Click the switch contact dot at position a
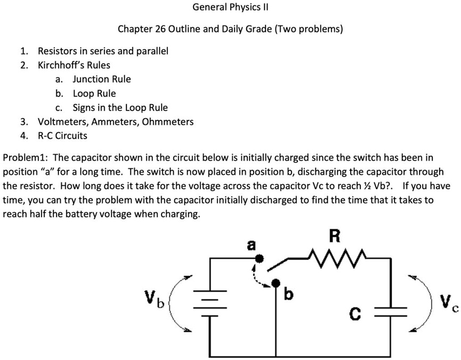[x=260, y=258]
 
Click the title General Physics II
[x=230, y=8]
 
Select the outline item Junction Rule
[x=101, y=79]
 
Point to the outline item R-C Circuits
[x=62, y=135]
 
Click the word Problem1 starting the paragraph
[x=25, y=158]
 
